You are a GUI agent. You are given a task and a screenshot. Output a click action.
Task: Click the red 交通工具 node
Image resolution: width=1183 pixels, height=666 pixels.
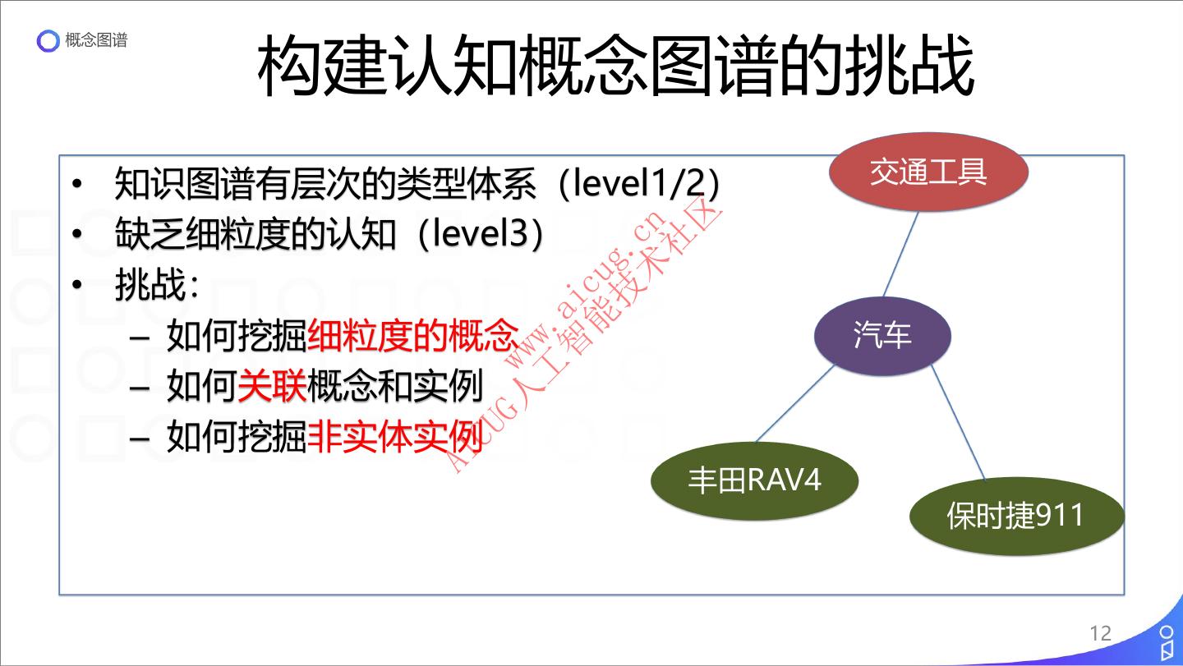coord(928,172)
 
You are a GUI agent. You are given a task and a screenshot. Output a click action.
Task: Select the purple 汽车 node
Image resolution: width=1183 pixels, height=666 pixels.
coord(882,335)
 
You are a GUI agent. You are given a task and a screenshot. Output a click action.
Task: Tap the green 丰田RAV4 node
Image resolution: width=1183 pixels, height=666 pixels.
coord(754,480)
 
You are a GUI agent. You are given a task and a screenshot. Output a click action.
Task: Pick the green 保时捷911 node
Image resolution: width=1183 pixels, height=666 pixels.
coord(1015,516)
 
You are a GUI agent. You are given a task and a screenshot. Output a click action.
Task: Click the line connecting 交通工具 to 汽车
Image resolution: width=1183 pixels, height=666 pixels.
coord(901,254)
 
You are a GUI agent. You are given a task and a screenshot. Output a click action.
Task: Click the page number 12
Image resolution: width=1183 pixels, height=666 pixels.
coord(1100,633)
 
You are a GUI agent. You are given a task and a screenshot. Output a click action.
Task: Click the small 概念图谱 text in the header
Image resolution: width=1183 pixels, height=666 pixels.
coord(96,40)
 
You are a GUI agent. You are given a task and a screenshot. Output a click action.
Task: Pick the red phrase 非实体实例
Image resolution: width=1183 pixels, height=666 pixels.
coord(394,437)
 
